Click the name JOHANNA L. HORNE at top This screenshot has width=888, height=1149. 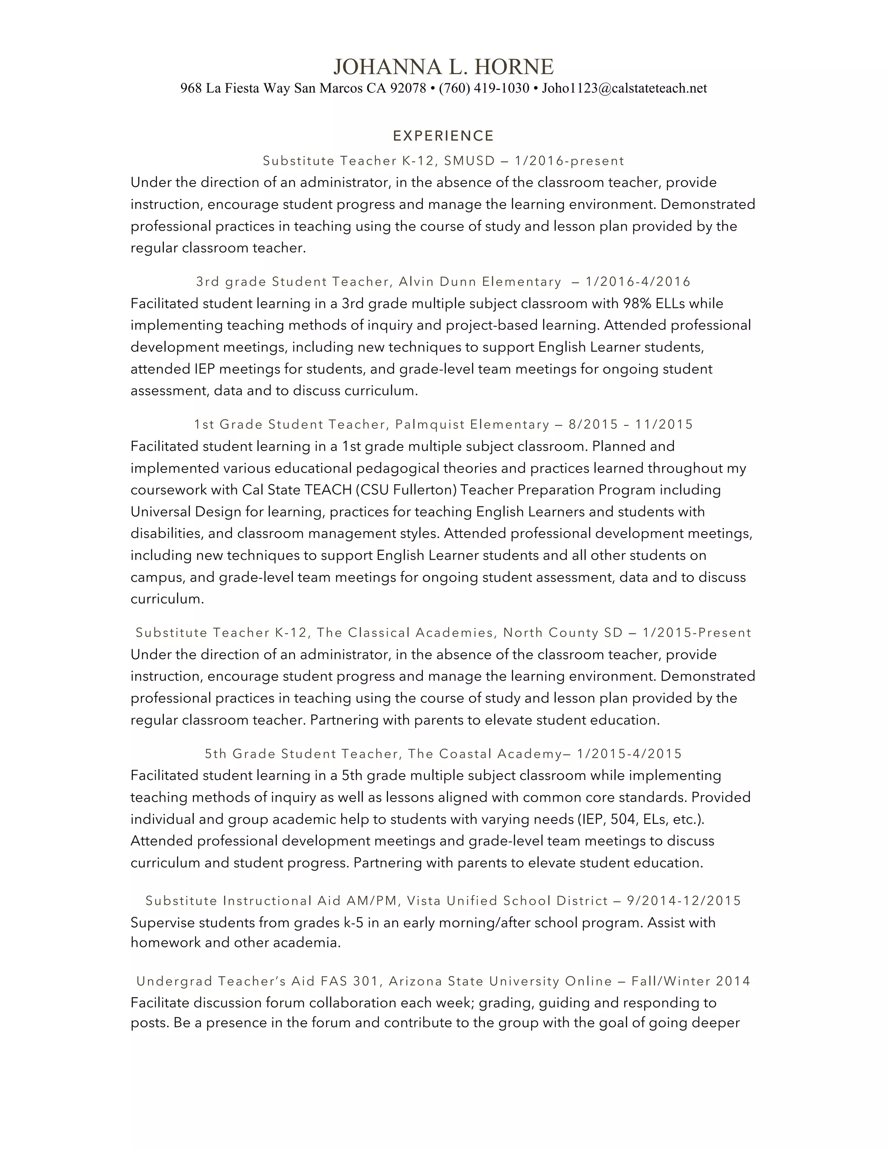click(x=444, y=67)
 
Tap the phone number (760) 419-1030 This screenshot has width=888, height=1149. click(x=484, y=88)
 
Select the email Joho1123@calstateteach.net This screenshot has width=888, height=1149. click(x=624, y=88)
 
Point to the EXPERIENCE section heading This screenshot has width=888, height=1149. click(x=444, y=136)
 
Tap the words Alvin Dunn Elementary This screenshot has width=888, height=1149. click(x=480, y=282)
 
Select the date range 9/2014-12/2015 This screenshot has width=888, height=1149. click(x=684, y=901)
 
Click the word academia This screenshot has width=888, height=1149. click(x=306, y=942)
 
